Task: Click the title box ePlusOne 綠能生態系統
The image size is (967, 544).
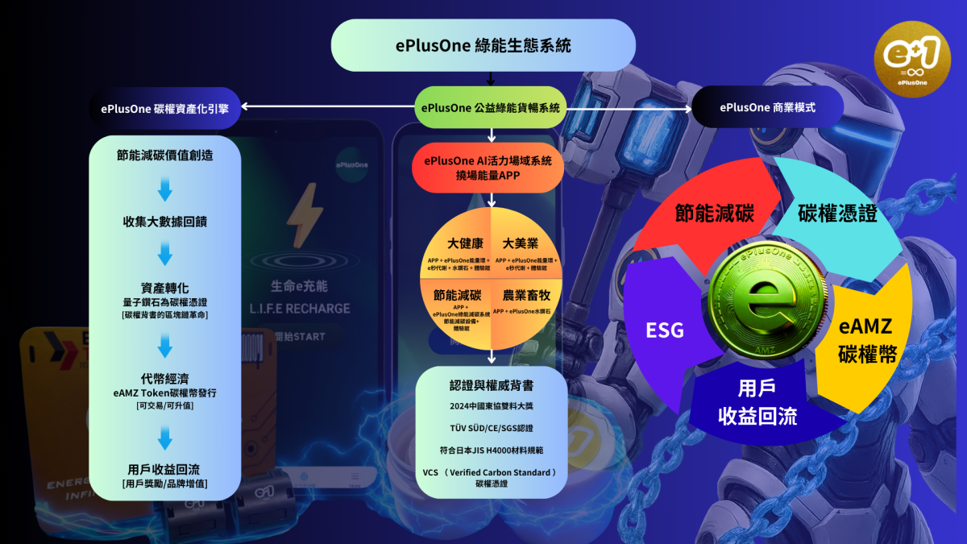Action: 483,45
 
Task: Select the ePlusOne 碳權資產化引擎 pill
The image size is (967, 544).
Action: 165,107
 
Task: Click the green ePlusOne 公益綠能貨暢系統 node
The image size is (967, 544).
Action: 490,107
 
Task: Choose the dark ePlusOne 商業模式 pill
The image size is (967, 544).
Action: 766,107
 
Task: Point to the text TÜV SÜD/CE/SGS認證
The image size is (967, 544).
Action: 492,426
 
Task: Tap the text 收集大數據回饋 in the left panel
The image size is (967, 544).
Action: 165,222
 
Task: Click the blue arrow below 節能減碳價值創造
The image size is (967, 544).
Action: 165,190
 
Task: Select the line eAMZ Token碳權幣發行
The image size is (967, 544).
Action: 165,392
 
